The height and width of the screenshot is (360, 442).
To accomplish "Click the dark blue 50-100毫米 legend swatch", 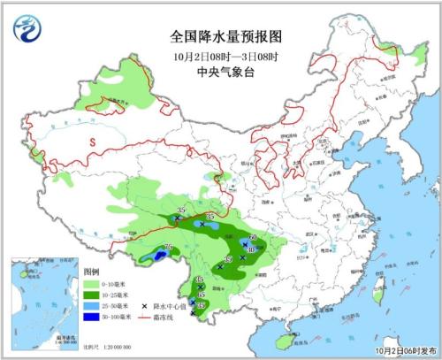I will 93,316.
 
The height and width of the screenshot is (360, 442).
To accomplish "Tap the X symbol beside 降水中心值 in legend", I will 144,304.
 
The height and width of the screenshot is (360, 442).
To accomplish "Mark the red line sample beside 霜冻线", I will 146,316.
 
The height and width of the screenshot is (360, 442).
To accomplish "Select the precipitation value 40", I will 251,250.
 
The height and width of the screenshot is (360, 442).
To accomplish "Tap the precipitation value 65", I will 201,293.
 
